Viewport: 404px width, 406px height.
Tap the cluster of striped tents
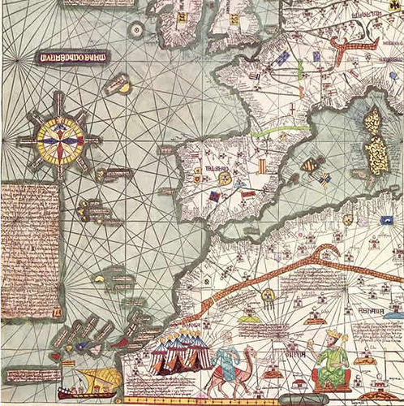click(x=181, y=352)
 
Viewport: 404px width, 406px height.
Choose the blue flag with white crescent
click(x=282, y=58)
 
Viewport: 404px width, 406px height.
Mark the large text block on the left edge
click(x=31, y=249)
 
